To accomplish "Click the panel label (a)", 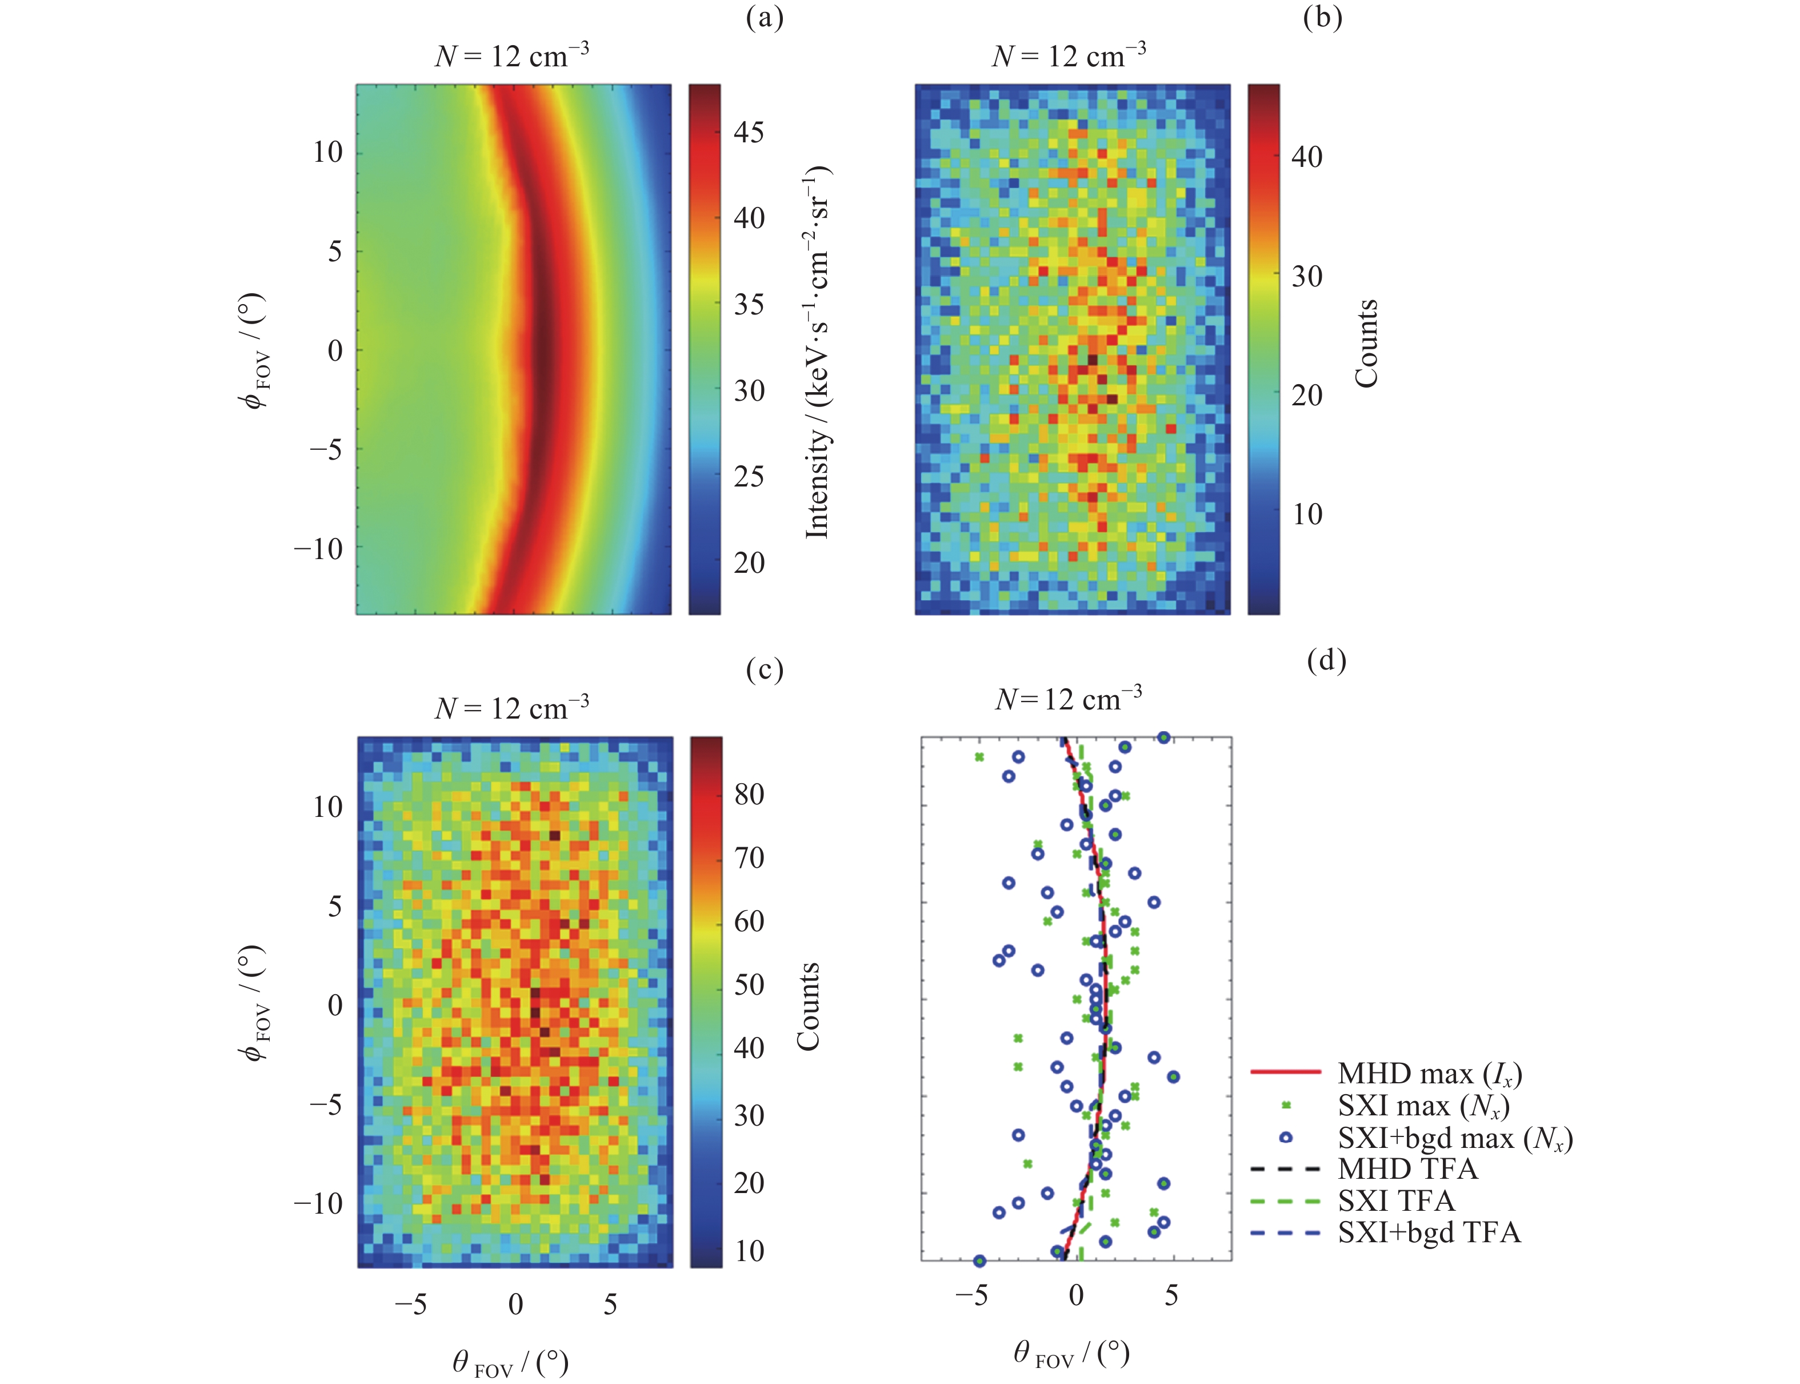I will tap(764, 18).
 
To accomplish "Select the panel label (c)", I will tap(764, 671).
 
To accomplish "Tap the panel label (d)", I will tap(1326, 661).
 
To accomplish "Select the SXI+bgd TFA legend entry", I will tap(1429, 1233).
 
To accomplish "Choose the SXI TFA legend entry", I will tap(1395, 1200).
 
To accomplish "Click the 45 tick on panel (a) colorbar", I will tap(749, 132).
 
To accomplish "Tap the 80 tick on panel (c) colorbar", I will tap(749, 795).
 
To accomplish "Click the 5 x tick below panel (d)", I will tap(1171, 1296).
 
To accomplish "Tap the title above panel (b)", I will tap(1069, 55).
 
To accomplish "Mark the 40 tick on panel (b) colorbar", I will tap(1307, 157).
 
